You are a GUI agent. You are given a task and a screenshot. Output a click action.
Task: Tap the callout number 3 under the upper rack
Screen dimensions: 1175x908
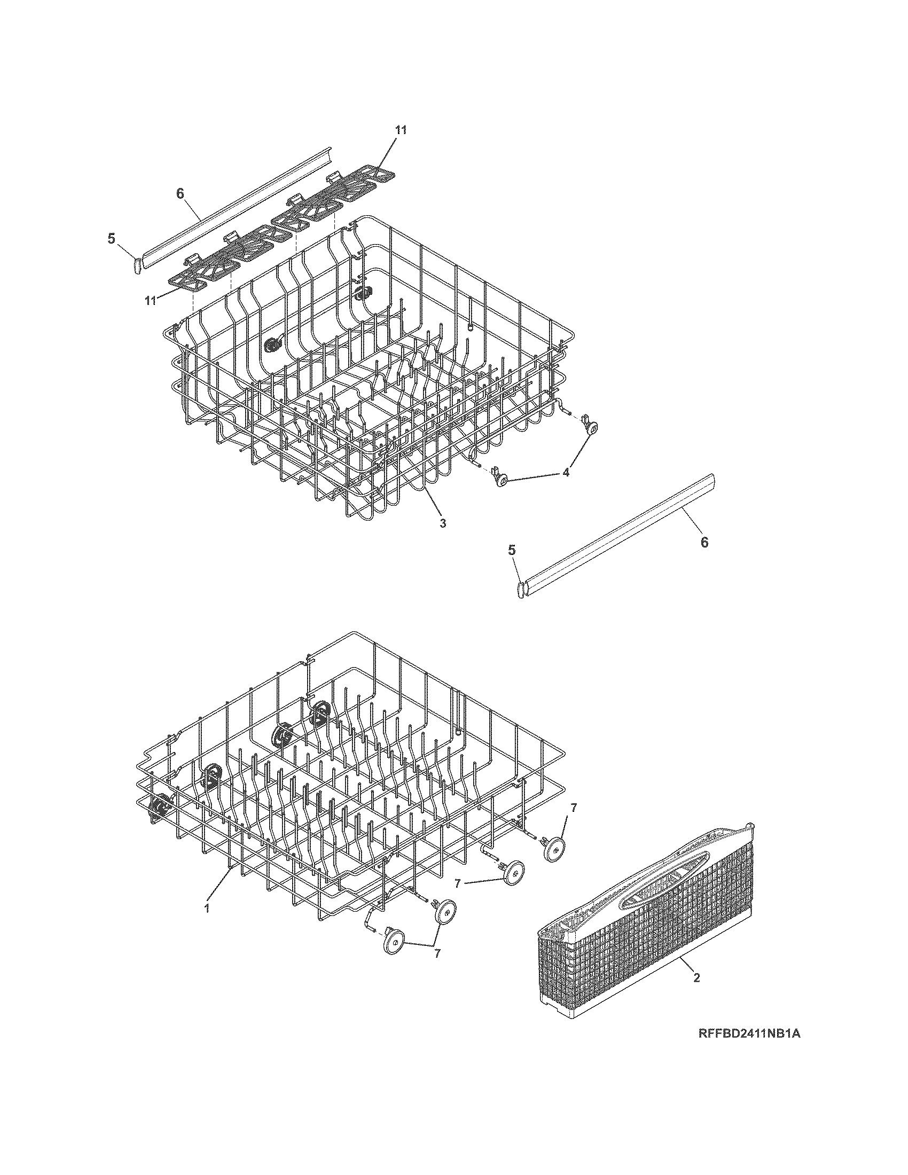(x=442, y=523)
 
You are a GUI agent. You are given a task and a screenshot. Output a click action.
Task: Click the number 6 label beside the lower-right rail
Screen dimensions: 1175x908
(x=704, y=542)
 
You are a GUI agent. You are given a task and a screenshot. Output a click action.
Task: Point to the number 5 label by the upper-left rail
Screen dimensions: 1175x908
(x=111, y=239)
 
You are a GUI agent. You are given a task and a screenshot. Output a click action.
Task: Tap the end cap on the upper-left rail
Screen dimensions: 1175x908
(x=137, y=265)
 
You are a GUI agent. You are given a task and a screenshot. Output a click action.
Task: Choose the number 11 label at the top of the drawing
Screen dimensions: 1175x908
(x=401, y=130)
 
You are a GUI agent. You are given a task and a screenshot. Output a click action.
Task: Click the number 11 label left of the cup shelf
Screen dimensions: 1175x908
(x=151, y=300)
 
